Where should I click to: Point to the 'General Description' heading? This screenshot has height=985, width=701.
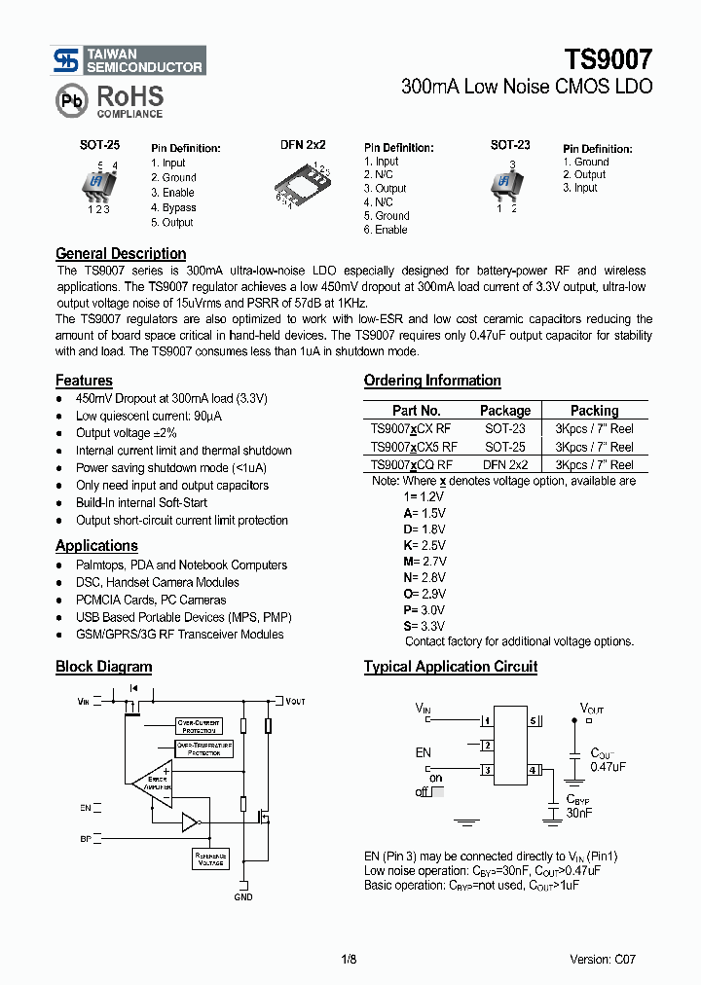[x=121, y=253]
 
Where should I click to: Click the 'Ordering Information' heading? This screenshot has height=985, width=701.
[x=432, y=381]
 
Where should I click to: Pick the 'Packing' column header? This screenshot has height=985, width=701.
[x=594, y=411]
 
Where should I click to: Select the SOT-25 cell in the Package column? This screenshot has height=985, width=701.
[x=505, y=447]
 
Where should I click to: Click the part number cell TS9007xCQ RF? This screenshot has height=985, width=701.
[x=411, y=465]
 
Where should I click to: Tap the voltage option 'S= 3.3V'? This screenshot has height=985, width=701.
[x=424, y=626]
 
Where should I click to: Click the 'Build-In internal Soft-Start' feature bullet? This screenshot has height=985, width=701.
[x=141, y=503]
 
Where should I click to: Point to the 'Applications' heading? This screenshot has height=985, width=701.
[x=96, y=546]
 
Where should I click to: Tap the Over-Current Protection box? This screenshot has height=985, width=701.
[x=199, y=725]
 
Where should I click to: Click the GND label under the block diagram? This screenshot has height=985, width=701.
[x=243, y=896]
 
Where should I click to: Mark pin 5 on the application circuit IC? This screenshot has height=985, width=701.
[x=533, y=721]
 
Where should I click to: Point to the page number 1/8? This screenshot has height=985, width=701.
[x=350, y=959]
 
